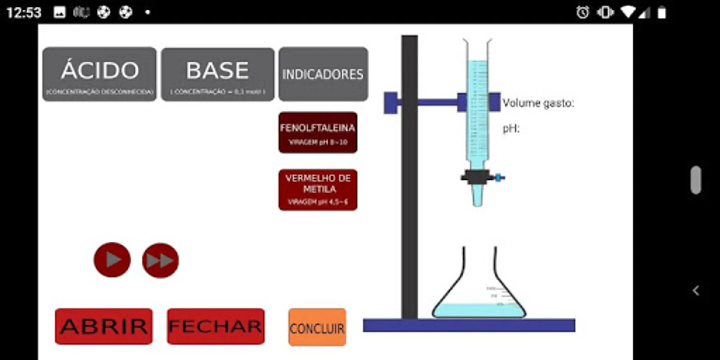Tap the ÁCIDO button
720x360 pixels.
click(99, 74)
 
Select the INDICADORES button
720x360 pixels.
click(323, 74)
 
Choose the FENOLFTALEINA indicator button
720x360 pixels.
click(318, 132)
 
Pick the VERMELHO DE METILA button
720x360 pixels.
click(318, 190)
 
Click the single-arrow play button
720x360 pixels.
click(112, 260)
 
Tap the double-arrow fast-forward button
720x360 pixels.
click(160, 260)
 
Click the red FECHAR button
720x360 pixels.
click(216, 326)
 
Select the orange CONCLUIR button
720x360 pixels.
click(317, 327)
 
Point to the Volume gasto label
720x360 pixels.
click(538, 103)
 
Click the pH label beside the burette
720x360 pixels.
click(511, 129)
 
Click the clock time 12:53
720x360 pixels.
click(24, 12)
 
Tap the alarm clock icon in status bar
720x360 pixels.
click(582, 12)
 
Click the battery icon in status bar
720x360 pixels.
click(662, 12)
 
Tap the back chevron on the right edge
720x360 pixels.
click(696, 290)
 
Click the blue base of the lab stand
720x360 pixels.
click(469, 325)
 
